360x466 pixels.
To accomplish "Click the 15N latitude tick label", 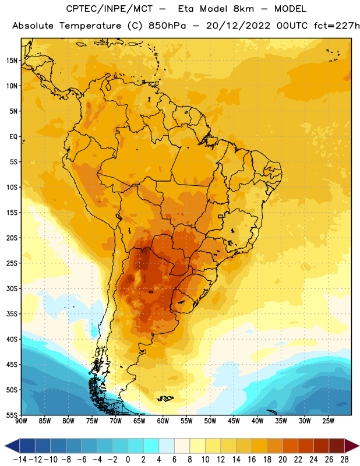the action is tap(12, 61).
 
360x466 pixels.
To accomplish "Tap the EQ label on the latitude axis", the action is tap(13, 137).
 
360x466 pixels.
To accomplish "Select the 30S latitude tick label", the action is tap(12, 288).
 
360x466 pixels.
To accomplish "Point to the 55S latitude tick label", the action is tap(12, 415).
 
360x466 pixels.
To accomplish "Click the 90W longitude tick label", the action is tap(21, 421).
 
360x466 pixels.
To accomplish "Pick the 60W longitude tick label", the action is tap(163, 421).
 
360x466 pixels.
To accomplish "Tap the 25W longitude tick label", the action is tap(328, 421).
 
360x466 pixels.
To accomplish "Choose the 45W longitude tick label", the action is tap(234, 421).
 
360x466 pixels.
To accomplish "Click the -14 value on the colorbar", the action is tap(20, 460).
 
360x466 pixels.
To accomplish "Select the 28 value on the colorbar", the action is tap(344, 460).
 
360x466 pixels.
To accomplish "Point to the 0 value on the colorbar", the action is tap(128, 460).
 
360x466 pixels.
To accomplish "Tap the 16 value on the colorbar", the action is tap(252, 460).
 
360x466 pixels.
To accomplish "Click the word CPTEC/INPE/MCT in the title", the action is tap(110, 9).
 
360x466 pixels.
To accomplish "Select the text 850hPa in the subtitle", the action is tap(167, 26).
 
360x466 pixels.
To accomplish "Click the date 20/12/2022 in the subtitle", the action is tap(238, 26).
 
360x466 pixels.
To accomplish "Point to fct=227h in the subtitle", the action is tap(337, 26).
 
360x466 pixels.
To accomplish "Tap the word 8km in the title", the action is tap(243, 9).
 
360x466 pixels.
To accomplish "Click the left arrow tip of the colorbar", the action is tap(5, 446).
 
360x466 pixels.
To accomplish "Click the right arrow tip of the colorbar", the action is tap(359, 446).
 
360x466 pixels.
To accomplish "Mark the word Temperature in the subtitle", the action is tap(90, 26).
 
